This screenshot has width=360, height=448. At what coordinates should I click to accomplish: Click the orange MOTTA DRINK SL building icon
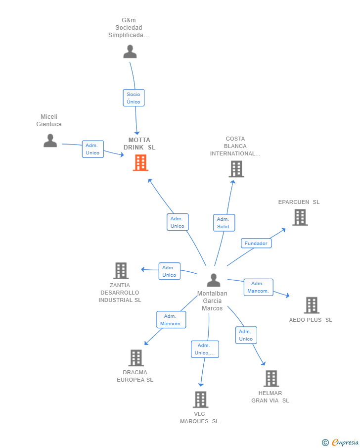click(140, 162)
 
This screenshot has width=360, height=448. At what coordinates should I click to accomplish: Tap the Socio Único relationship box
click(134, 98)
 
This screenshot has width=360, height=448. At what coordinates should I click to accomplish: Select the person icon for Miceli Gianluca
click(50, 140)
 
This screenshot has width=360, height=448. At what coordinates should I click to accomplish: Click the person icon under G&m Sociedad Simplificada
click(130, 51)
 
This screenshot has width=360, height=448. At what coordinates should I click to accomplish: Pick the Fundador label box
click(256, 243)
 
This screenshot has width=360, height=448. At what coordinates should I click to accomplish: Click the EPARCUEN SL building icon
click(300, 217)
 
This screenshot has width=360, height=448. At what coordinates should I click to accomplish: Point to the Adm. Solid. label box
click(224, 223)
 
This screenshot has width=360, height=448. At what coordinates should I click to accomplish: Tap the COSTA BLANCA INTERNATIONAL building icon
click(236, 169)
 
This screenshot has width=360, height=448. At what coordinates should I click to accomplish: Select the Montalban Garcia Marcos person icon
click(214, 280)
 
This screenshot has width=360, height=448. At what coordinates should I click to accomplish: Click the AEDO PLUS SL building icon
click(312, 305)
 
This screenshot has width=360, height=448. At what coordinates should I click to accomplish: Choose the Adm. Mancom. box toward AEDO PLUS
click(258, 287)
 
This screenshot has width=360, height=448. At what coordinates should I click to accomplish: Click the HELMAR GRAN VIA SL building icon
click(271, 379)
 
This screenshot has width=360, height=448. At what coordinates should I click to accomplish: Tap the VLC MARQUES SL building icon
click(200, 399)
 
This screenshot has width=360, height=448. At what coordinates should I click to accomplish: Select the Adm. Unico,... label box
click(205, 349)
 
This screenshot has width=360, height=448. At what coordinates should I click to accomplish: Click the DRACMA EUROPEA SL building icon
click(136, 358)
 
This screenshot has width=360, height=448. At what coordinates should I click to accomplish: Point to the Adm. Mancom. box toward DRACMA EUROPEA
click(171, 320)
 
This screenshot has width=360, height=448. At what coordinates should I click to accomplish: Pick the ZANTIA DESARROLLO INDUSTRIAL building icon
click(121, 271)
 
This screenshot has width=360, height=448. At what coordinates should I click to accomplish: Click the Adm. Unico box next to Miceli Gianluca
click(93, 149)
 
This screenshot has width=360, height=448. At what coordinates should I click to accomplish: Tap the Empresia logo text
click(345, 442)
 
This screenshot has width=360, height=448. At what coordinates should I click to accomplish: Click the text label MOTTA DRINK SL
click(139, 144)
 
